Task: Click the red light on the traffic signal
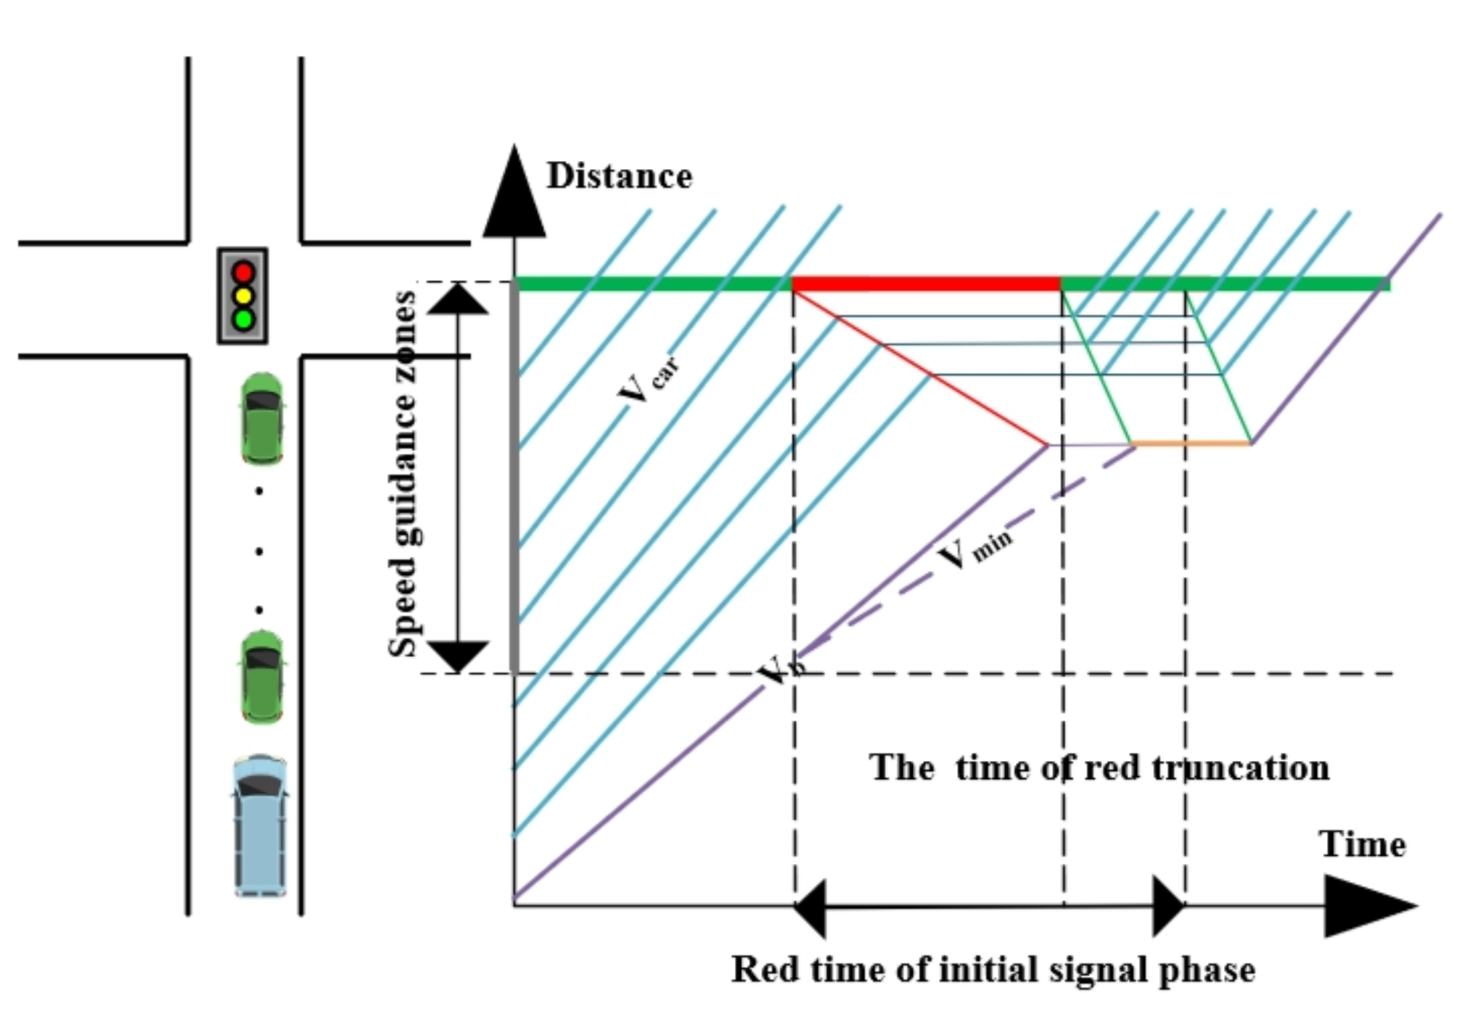pyautogui.click(x=243, y=273)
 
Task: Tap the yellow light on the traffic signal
pyautogui.click(x=243, y=296)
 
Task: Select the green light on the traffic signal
pyautogui.click(x=243, y=319)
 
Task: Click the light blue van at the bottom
pyautogui.click(x=260, y=827)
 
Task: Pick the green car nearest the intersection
pyautogui.click(x=262, y=419)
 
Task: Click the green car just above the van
pyautogui.click(x=262, y=677)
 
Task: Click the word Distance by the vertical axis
pyautogui.click(x=619, y=176)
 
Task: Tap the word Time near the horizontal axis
pyautogui.click(x=1362, y=844)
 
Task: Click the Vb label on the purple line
pyautogui.click(x=780, y=671)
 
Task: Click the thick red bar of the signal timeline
pyautogui.click(x=926, y=284)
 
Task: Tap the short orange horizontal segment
pyautogui.click(x=1191, y=442)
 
